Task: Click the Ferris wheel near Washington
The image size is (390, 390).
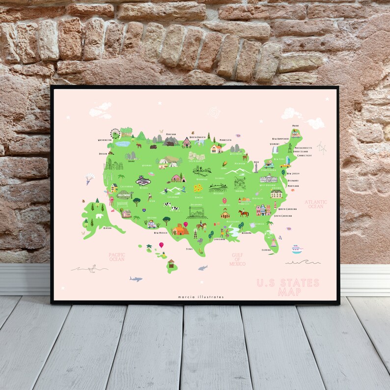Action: tap(115, 133)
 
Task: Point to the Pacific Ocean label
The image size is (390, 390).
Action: tap(117, 256)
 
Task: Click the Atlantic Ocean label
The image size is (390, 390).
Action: tap(314, 204)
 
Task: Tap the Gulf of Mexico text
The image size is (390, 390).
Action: tap(237, 259)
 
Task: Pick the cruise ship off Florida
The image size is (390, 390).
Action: tap(297, 249)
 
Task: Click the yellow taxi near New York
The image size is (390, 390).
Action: tap(285, 165)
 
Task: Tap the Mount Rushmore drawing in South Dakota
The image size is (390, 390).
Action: tap(196, 156)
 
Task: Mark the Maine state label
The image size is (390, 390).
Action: tap(295, 126)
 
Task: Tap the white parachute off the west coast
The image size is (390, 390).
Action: tap(89, 176)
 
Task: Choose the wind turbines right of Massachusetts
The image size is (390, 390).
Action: tap(322, 147)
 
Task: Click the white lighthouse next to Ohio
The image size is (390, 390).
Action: tap(255, 167)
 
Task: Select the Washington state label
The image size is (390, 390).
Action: tap(105, 140)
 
